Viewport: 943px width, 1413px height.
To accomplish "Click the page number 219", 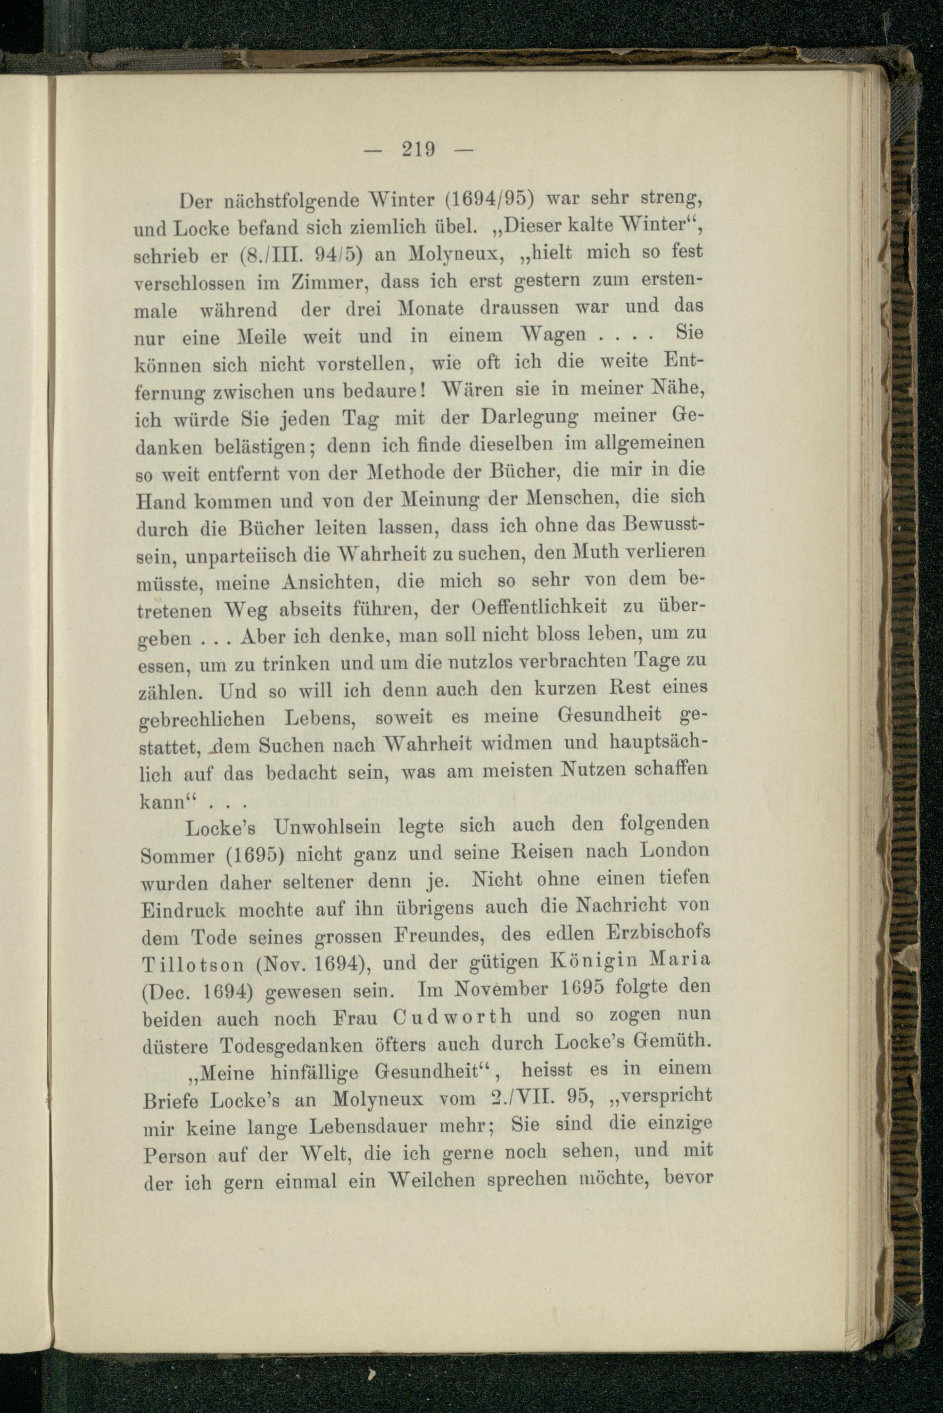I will [x=419, y=148].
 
